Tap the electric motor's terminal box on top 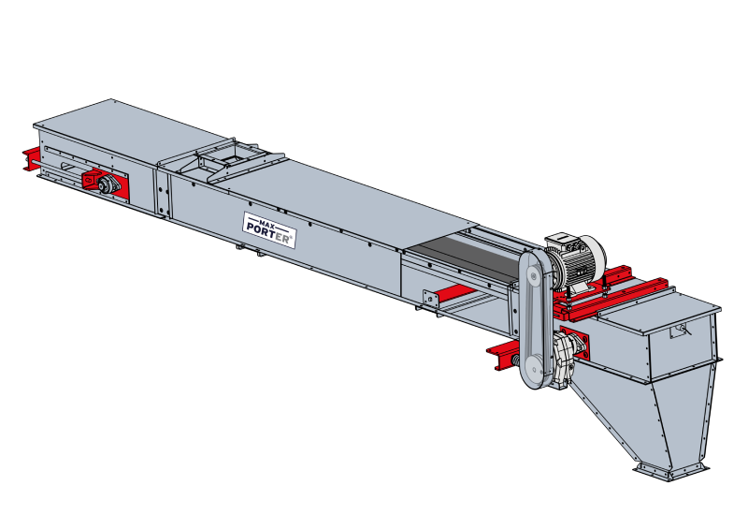tap(562, 241)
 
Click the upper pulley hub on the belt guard tap(532, 275)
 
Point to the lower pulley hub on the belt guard tap(532, 366)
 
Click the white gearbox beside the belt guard tap(565, 360)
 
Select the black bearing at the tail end tap(109, 184)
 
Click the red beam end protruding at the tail tap(31, 158)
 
